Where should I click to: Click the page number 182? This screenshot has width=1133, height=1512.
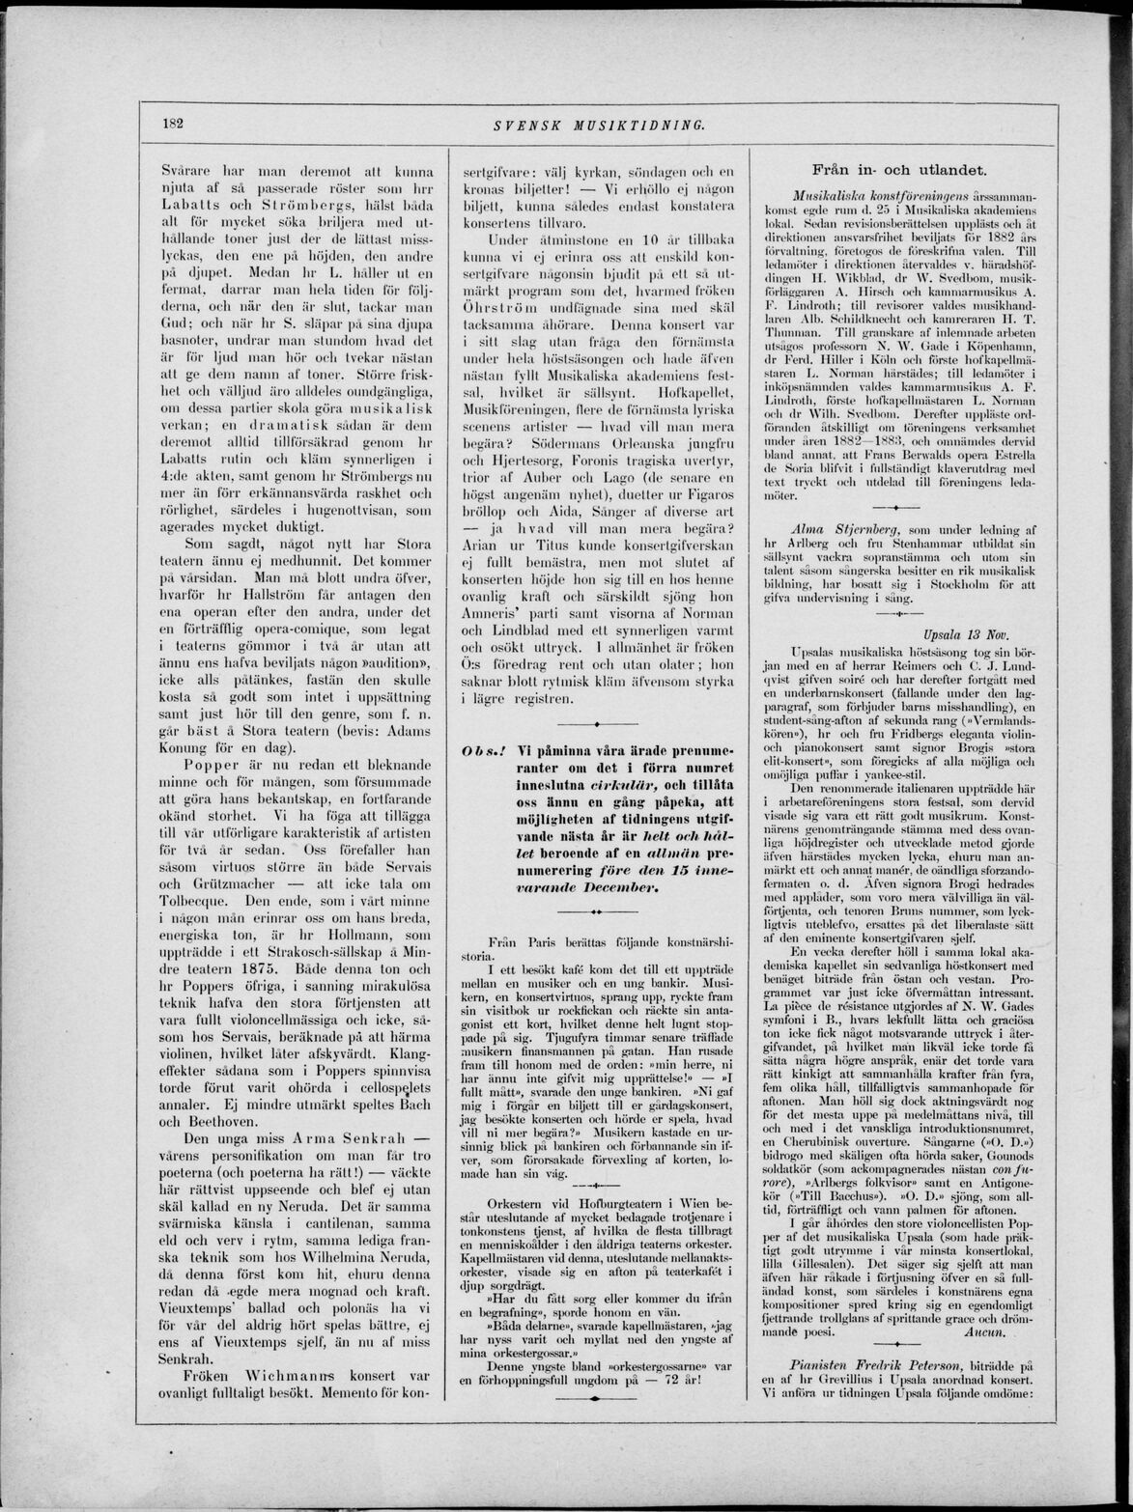(174, 124)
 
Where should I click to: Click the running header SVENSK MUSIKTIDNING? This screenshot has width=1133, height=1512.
(599, 125)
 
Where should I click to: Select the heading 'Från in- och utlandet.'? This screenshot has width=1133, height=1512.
(898, 169)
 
